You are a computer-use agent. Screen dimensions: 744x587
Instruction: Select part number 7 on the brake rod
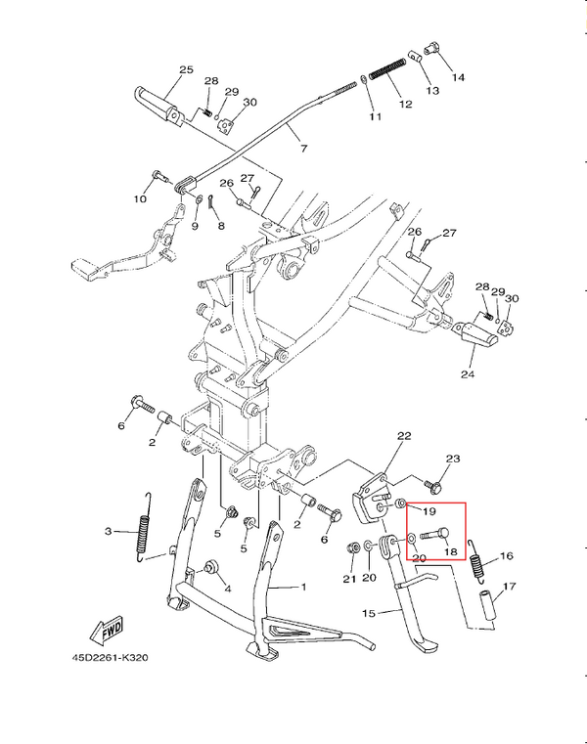pyautogui.click(x=303, y=150)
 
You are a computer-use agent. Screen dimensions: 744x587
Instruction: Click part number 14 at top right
pyautogui.click(x=458, y=76)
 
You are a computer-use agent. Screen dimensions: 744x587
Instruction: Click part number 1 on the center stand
pyautogui.click(x=302, y=587)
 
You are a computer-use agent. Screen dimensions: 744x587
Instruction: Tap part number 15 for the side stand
pyautogui.click(x=369, y=613)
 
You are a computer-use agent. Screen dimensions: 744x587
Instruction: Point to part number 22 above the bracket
pyautogui.click(x=404, y=436)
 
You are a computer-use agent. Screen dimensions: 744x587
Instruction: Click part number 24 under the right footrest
pyautogui.click(x=466, y=373)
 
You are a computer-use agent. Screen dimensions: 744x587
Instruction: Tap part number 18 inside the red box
pyautogui.click(x=451, y=551)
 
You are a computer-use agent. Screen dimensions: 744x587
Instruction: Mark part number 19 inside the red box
pyautogui.click(x=429, y=510)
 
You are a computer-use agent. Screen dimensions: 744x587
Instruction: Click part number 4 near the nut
pyautogui.click(x=227, y=590)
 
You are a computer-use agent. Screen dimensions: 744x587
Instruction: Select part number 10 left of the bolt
pyautogui.click(x=140, y=199)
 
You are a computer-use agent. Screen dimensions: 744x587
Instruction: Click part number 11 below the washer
pyautogui.click(x=374, y=117)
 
